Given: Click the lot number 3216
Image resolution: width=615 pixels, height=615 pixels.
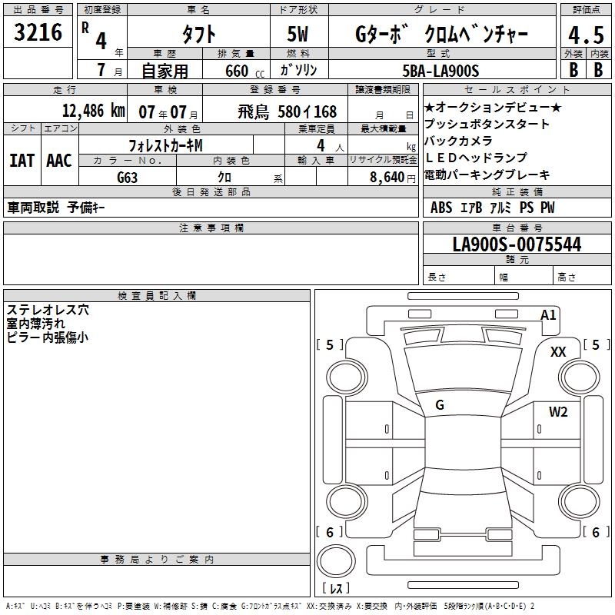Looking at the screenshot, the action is tap(38, 32).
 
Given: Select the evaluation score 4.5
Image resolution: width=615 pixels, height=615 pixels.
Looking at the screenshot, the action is tap(586, 35).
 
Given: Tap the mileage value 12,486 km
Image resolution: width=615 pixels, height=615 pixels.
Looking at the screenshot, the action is tap(94, 111).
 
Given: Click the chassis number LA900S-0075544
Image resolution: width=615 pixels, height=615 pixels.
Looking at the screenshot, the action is tap(517, 244).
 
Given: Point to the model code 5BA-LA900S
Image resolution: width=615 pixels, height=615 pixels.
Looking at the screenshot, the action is tap(440, 71).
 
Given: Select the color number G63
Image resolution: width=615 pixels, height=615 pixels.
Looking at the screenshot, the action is tap(127, 178).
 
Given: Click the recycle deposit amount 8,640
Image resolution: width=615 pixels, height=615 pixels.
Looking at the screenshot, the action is tap(387, 177).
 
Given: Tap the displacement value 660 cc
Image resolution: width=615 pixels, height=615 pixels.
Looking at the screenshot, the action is tap(244, 71).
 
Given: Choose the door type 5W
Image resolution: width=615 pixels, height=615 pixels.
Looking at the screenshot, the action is tap(298, 34).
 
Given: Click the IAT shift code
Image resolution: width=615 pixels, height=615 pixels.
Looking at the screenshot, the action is tap(22, 161).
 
